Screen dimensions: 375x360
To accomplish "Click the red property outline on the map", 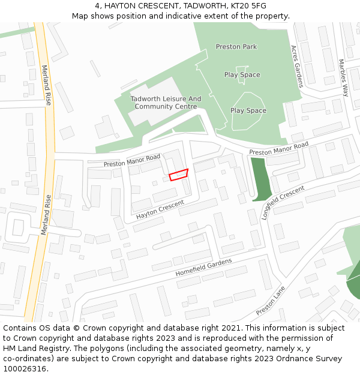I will (178, 175).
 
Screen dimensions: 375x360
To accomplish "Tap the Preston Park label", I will (236, 47).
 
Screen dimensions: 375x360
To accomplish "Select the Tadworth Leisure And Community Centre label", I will (166, 103).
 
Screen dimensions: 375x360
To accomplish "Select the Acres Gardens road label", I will (297, 67).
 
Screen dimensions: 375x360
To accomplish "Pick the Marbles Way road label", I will (343, 77).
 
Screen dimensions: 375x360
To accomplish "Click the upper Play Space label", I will (242, 75).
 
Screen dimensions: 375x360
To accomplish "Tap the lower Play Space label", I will (248, 111).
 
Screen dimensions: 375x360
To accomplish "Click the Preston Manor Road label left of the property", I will (132, 161).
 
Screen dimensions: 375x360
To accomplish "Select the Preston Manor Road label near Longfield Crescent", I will (278, 148).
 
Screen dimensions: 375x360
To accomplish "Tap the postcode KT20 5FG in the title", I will (247, 6).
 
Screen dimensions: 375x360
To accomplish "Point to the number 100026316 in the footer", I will (25, 369).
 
